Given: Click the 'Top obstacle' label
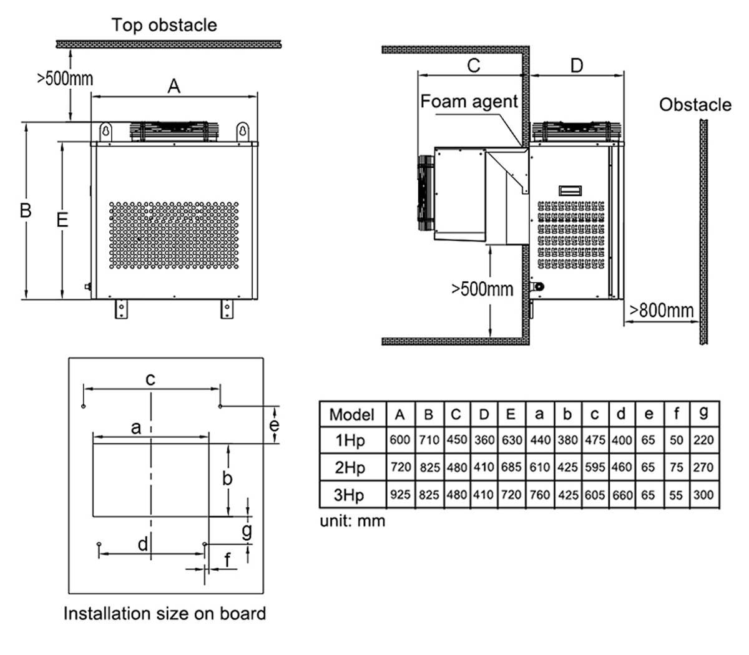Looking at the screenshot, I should [x=165, y=25].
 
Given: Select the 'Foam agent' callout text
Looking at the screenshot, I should [x=469, y=101].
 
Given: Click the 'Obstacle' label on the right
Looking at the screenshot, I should [x=695, y=104].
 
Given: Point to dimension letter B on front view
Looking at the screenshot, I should [x=25, y=210].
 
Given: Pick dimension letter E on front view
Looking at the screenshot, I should [x=62, y=220].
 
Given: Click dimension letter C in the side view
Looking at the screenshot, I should [x=474, y=65].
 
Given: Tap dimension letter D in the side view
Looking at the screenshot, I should [x=577, y=65].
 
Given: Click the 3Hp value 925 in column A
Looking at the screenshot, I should [x=400, y=495].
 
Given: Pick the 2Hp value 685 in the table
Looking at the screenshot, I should [x=511, y=467].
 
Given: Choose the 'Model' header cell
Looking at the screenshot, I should [x=351, y=414].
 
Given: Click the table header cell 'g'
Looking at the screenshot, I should [x=704, y=413].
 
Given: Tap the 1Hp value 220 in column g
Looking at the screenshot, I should [x=704, y=440].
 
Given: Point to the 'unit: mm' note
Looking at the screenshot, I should [x=353, y=520].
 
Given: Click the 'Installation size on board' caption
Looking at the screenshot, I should [x=165, y=613].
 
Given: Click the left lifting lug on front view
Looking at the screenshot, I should [x=107, y=132].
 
